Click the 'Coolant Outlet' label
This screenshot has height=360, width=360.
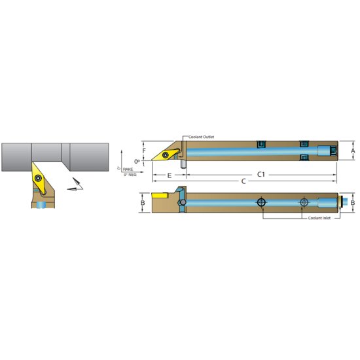[201, 137]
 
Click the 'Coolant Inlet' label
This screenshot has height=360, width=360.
[323, 218]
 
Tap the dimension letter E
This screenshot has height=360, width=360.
[169, 175]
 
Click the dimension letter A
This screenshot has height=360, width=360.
[353, 151]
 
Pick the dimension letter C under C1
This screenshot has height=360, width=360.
[244, 181]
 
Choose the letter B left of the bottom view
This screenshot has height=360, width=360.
[143, 203]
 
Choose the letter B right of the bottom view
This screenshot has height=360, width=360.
[353, 203]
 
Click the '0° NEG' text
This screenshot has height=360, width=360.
[129, 174]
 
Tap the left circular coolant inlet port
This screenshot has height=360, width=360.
[262, 203]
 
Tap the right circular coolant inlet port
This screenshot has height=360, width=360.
[303, 203]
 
